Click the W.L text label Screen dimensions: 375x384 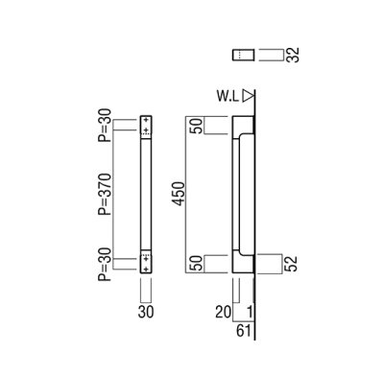pos(228,94)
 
